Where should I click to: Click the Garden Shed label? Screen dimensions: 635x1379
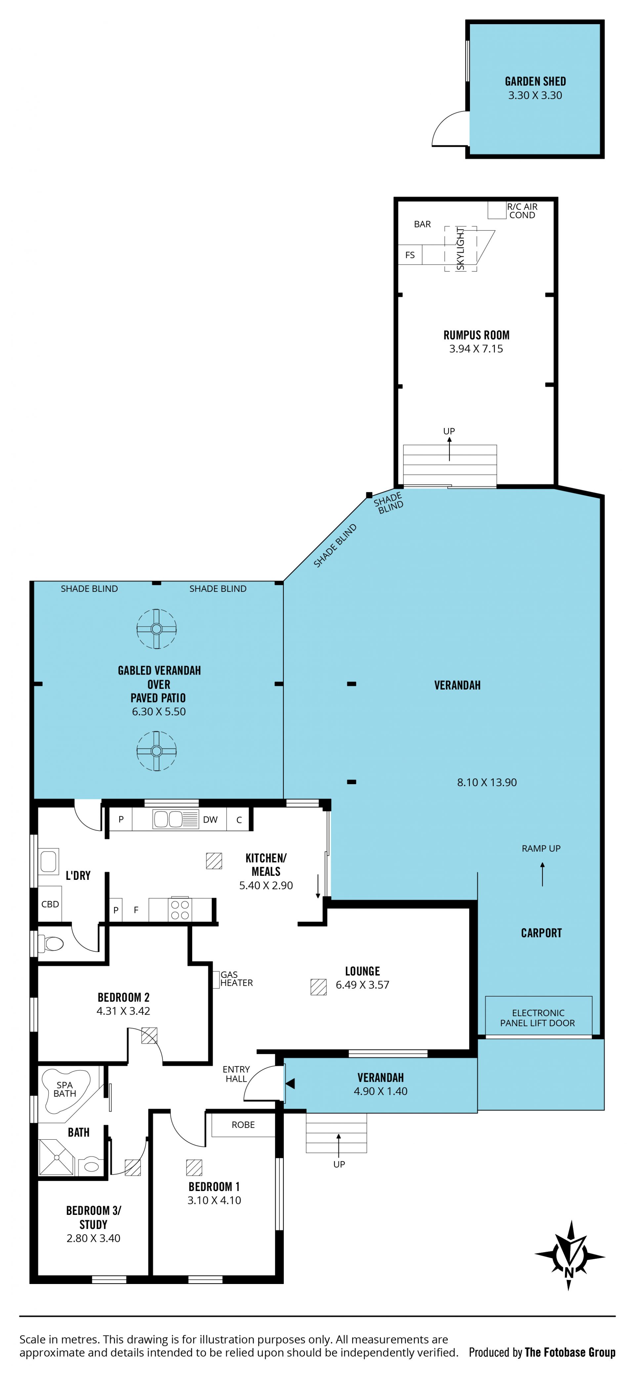535,81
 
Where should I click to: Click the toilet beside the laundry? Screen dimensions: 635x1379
53,943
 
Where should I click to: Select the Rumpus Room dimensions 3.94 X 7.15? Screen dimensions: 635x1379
476,349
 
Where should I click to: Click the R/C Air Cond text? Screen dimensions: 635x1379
522,211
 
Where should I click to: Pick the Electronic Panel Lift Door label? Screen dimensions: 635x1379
538,1018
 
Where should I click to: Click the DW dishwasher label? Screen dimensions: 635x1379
210,820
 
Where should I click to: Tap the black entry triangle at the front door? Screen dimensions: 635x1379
290,1083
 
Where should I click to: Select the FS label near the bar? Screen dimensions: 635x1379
410,255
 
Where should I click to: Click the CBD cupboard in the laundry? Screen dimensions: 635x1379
50,904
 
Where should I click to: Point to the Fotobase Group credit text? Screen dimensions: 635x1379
570,1352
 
